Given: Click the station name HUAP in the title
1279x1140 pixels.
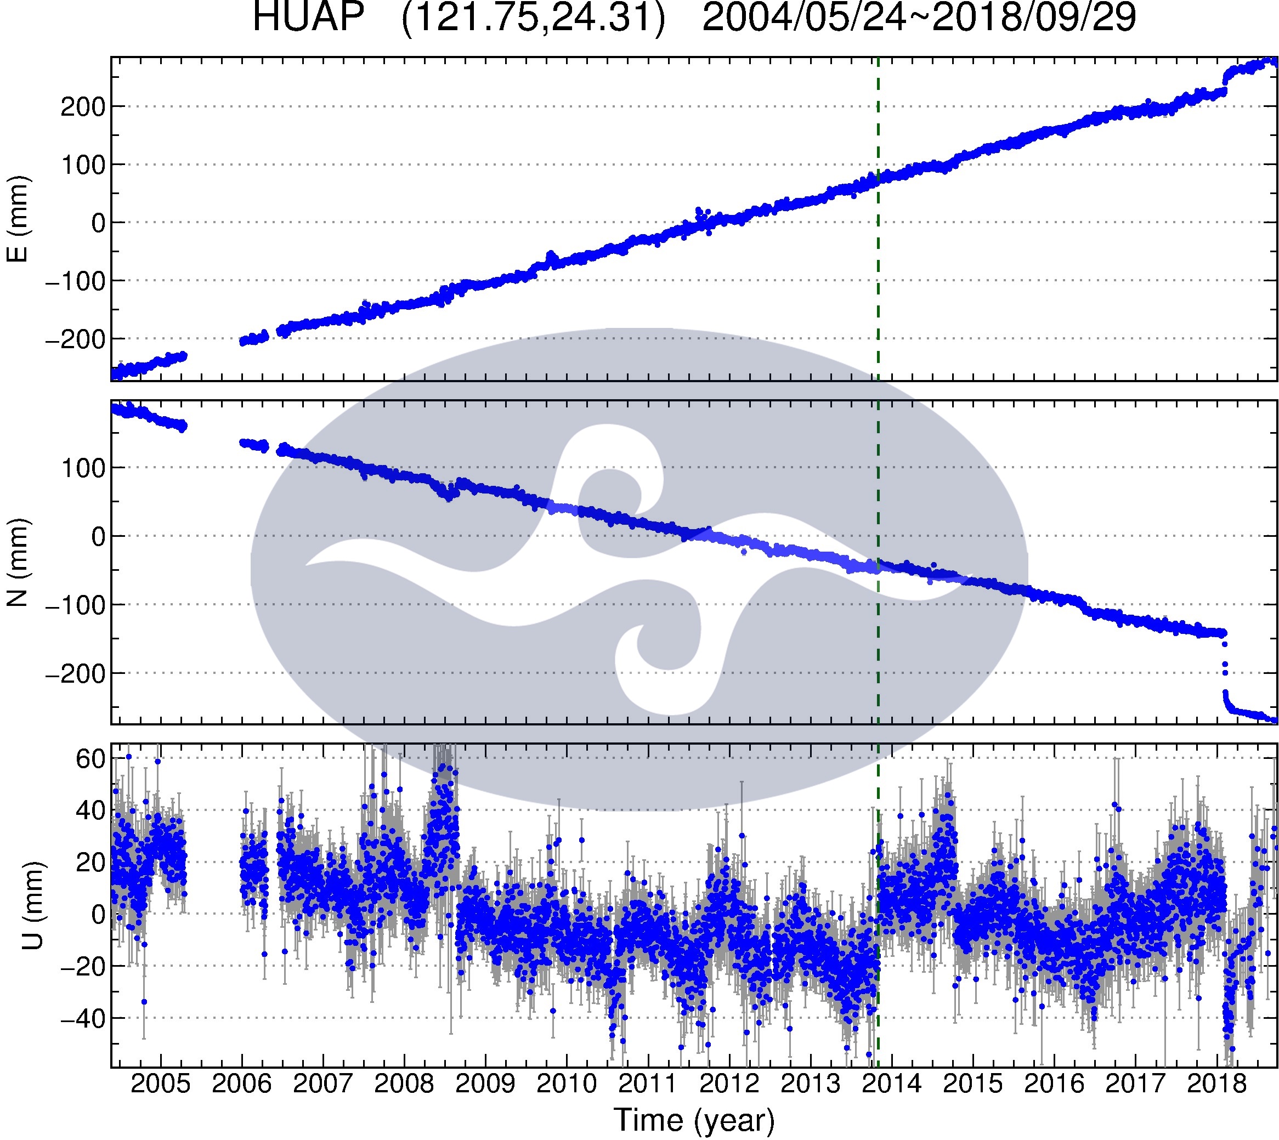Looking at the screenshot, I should click(308, 18).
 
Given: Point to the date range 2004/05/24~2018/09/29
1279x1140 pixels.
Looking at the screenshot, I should click(919, 18).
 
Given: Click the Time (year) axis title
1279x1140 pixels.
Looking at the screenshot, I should click(694, 1120).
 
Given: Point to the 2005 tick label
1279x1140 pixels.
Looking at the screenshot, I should click(160, 1083).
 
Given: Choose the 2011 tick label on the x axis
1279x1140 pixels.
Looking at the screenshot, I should click(648, 1083).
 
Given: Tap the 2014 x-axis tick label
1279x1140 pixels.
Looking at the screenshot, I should click(891, 1083).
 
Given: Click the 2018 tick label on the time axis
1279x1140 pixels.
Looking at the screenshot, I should click(1216, 1083).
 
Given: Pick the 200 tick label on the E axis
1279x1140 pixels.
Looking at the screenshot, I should click(82, 107).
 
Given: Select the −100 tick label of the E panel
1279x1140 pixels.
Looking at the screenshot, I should click(75, 281).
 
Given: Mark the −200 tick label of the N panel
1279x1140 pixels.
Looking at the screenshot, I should click(75, 674).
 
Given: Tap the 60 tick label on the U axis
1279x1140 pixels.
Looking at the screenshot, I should click(89, 759).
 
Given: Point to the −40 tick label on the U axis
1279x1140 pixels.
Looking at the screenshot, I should click(82, 1018).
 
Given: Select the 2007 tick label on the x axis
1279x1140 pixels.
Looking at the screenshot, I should click(322, 1083).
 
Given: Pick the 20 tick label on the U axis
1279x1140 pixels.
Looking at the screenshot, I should click(89, 863).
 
